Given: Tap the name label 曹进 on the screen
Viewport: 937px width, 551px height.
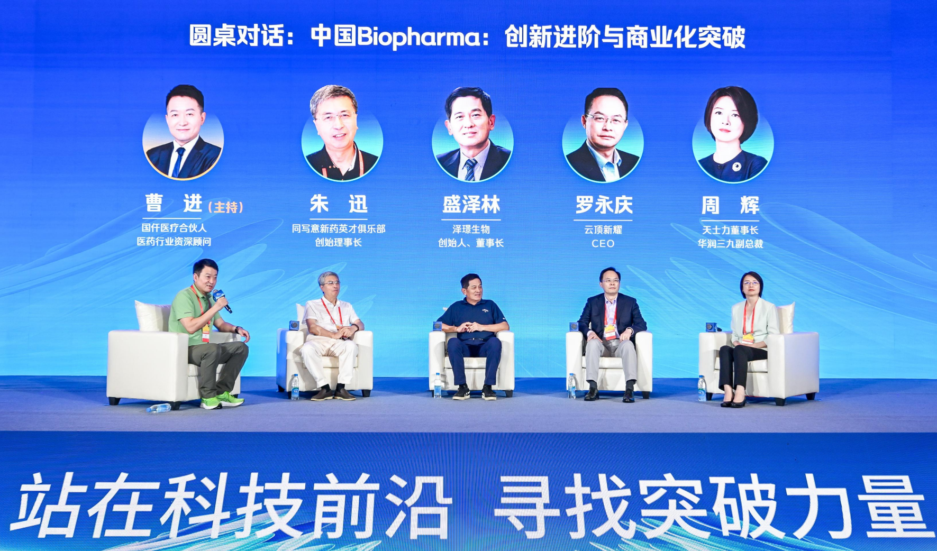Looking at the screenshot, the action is coord(174,204).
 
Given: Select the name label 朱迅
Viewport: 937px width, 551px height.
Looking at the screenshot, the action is coord(339,204).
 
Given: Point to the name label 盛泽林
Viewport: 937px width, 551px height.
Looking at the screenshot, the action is coord(471,205).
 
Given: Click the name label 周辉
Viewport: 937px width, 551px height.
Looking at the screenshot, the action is coord(730,205).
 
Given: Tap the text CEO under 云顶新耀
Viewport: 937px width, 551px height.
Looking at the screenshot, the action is coord(603,244).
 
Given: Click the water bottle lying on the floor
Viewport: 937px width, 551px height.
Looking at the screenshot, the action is coord(159,408).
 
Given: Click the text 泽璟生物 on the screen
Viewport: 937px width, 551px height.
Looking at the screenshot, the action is coord(471,229).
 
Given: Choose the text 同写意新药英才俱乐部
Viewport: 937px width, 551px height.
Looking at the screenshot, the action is coord(339,229).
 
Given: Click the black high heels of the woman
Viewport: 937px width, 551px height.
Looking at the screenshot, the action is coord(733,402).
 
